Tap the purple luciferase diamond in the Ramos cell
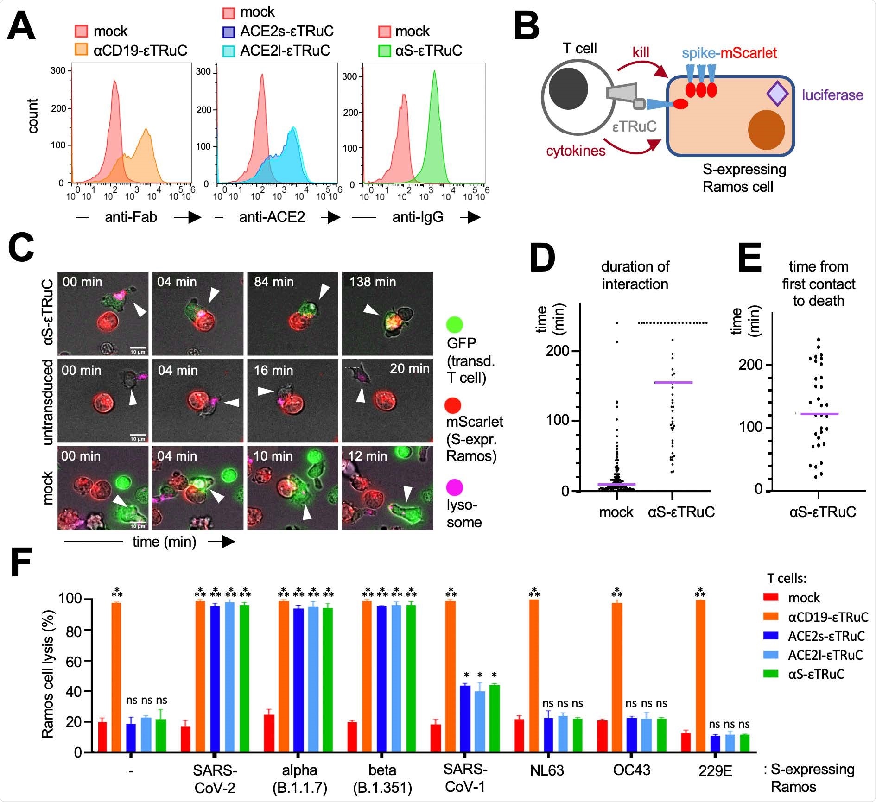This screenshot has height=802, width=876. point(777,94)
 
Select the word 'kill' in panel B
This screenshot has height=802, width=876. point(641,52)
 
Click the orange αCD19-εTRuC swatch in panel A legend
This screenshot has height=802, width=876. point(81,50)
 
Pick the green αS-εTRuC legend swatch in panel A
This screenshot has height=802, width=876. point(384,50)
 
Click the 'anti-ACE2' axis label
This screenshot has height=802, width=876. point(272,217)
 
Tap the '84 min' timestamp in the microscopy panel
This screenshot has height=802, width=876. point(273,282)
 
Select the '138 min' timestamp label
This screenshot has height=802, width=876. point(372,282)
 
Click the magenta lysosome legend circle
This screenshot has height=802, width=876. point(454,487)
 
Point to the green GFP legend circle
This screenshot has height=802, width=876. point(454,325)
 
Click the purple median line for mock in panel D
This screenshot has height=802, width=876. point(616,484)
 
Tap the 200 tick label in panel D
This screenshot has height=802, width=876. point(557,351)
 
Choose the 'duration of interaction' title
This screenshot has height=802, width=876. point(635,275)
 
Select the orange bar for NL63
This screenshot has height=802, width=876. point(534,675)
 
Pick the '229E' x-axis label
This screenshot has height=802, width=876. point(715,771)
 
